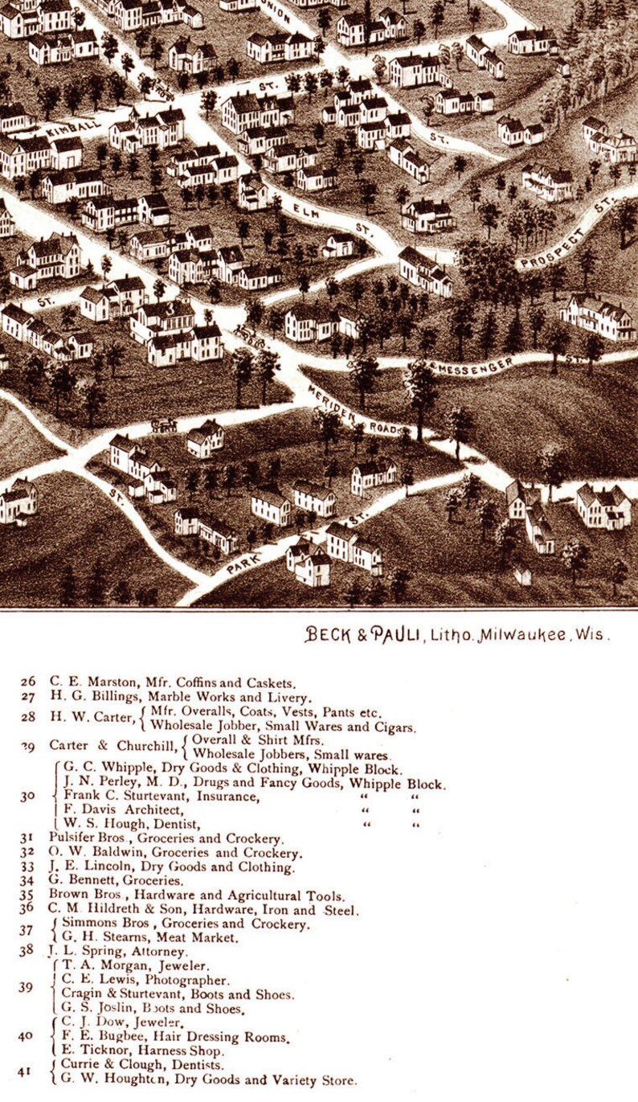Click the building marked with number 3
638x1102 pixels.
169,309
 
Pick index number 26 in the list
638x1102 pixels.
28,681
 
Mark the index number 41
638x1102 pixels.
27,1071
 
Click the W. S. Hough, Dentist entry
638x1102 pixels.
129,824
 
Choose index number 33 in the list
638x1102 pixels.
28,866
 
